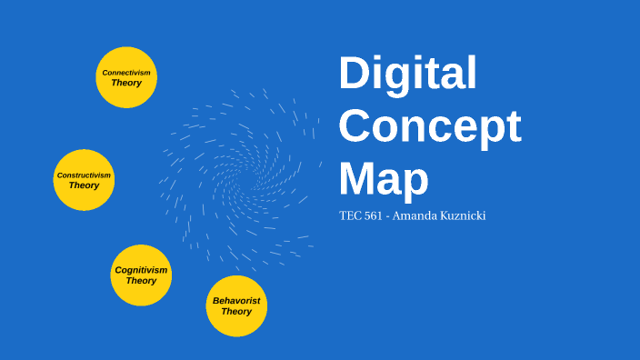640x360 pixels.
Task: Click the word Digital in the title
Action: [x=407, y=74]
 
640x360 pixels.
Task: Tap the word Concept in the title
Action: [x=430, y=126]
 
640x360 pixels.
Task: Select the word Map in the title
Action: [x=383, y=178]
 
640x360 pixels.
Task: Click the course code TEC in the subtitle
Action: [x=350, y=216]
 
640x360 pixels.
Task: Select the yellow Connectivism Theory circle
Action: [x=126, y=77]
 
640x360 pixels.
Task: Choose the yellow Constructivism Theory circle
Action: [x=84, y=180]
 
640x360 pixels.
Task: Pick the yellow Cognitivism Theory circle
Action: [x=141, y=275]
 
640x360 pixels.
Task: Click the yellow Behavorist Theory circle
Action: [x=236, y=306]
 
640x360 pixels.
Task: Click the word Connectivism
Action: [x=126, y=72]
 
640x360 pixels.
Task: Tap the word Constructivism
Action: [x=84, y=175]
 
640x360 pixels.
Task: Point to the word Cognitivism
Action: [x=141, y=270]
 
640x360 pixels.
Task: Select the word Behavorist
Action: [x=236, y=300]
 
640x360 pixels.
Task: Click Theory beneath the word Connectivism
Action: [x=126, y=83]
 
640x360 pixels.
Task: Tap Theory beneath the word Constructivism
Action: [x=84, y=185]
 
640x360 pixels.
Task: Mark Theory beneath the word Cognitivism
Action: [x=141, y=281]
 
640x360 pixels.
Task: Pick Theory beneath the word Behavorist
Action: [x=236, y=312]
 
